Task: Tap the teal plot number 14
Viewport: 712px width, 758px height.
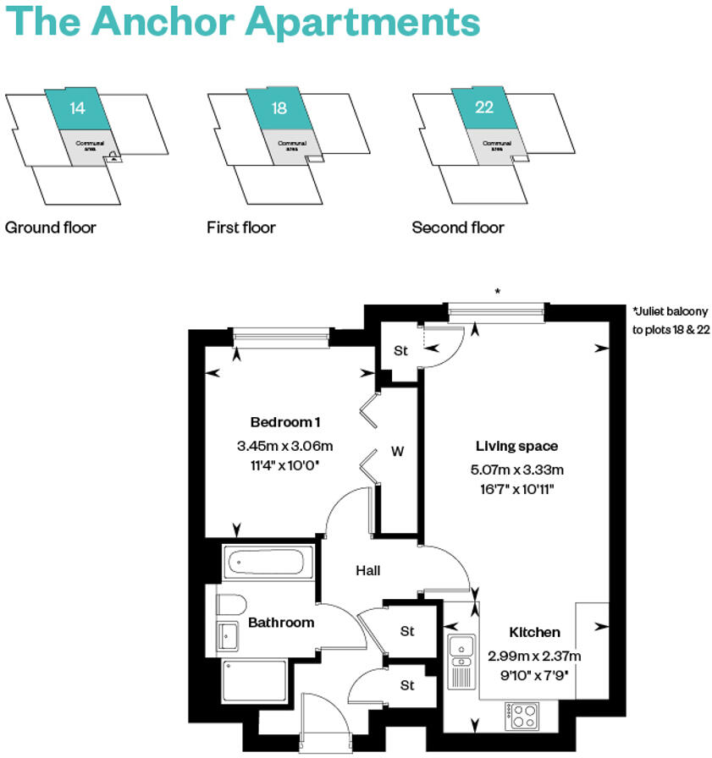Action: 78,108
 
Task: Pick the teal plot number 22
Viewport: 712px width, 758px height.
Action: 484,108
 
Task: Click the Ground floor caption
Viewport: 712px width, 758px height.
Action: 51,228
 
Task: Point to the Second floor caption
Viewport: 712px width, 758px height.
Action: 458,228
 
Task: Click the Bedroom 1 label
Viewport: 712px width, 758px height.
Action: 285,422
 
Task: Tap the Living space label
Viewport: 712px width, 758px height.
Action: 516,446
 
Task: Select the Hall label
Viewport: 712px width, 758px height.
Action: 367,571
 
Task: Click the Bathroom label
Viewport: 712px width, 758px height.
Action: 281,623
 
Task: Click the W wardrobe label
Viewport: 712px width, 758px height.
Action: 396,452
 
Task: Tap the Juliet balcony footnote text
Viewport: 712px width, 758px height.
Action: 670,321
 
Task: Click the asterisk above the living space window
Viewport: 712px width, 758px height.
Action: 498,292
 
